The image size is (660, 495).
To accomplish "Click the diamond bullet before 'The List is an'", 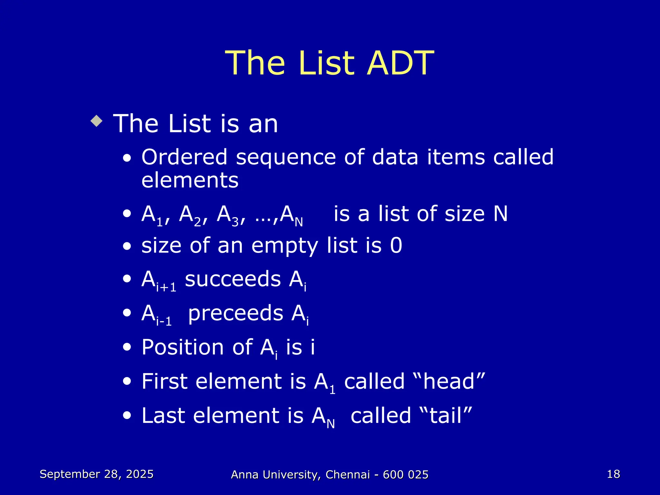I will point(97,121).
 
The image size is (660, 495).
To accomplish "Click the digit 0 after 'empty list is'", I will point(396,245).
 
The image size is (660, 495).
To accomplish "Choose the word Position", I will point(182,347).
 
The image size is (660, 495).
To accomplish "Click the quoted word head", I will point(449,382).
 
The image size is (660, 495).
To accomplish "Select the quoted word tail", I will point(446,415).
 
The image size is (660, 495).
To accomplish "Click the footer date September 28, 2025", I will point(97,474).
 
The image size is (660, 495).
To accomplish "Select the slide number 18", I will point(613,474).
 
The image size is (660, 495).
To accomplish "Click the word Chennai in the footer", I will point(348,475).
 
